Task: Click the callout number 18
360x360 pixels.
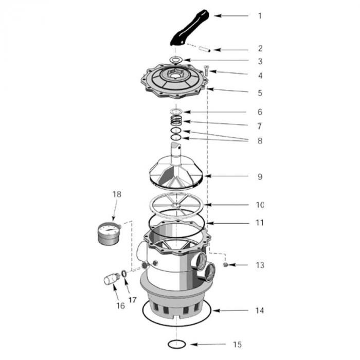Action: [x=117, y=194]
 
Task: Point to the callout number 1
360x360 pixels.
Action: [x=260, y=15]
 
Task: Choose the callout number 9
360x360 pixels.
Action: [x=260, y=176]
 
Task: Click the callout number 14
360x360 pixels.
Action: [x=260, y=310]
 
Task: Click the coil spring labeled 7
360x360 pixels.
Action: [x=176, y=121]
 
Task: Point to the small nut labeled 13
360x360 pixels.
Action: [x=225, y=265]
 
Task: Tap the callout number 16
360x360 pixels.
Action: [x=121, y=306]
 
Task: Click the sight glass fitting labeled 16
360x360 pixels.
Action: [x=111, y=279]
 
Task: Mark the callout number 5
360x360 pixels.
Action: [x=260, y=93]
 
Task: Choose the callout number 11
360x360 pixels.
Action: [x=260, y=223]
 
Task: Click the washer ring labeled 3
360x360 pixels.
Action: [x=175, y=61]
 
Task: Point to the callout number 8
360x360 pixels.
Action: [x=260, y=140]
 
